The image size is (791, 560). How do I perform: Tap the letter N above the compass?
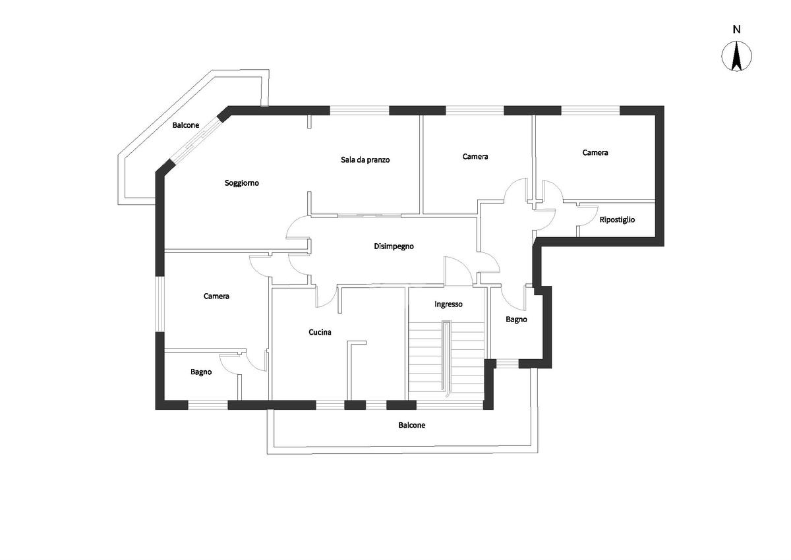tap(737, 29)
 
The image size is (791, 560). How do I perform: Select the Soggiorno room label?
tap(242, 183)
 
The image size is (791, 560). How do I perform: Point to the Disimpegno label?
tap(394, 246)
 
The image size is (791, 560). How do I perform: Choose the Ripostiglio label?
tap(617, 219)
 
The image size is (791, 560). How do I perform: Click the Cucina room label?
tap(320, 333)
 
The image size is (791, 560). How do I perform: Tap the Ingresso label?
tap(448, 304)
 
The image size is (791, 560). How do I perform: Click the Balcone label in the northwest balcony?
tap(186, 125)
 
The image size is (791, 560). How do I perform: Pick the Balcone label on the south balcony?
tap(411, 426)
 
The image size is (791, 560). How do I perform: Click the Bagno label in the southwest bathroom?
tap(201, 372)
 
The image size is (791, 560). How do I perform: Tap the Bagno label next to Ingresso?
tap(516, 320)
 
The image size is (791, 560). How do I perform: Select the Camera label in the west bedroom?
tap(216, 296)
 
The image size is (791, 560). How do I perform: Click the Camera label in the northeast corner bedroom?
tap(595, 153)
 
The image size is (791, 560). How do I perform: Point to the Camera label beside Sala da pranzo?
tap(475, 157)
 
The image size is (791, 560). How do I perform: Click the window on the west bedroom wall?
tap(160, 304)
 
